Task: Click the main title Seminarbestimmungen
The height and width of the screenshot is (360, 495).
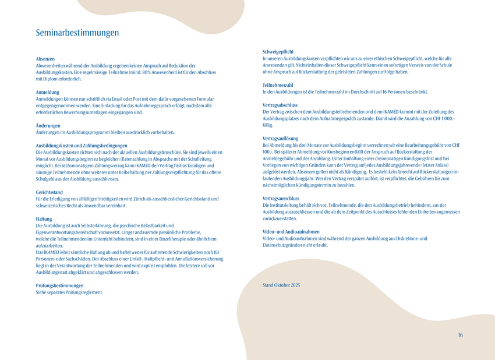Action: (77, 33)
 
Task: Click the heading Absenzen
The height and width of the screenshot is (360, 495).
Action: (45, 59)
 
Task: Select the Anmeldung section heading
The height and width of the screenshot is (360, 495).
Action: (48, 92)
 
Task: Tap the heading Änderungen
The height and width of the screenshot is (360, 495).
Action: (48, 125)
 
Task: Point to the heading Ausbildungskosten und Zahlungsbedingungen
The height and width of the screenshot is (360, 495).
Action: (82, 145)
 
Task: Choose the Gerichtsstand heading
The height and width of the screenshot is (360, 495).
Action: (49, 192)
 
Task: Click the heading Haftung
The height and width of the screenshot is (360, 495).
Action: (44, 218)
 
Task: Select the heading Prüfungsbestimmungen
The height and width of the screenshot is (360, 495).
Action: (59, 285)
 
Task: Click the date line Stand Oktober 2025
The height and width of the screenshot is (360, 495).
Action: (281, 285)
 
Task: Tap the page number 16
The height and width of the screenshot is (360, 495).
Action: (460, 335)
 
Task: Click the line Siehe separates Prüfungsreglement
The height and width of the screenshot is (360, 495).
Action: (69, 292)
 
